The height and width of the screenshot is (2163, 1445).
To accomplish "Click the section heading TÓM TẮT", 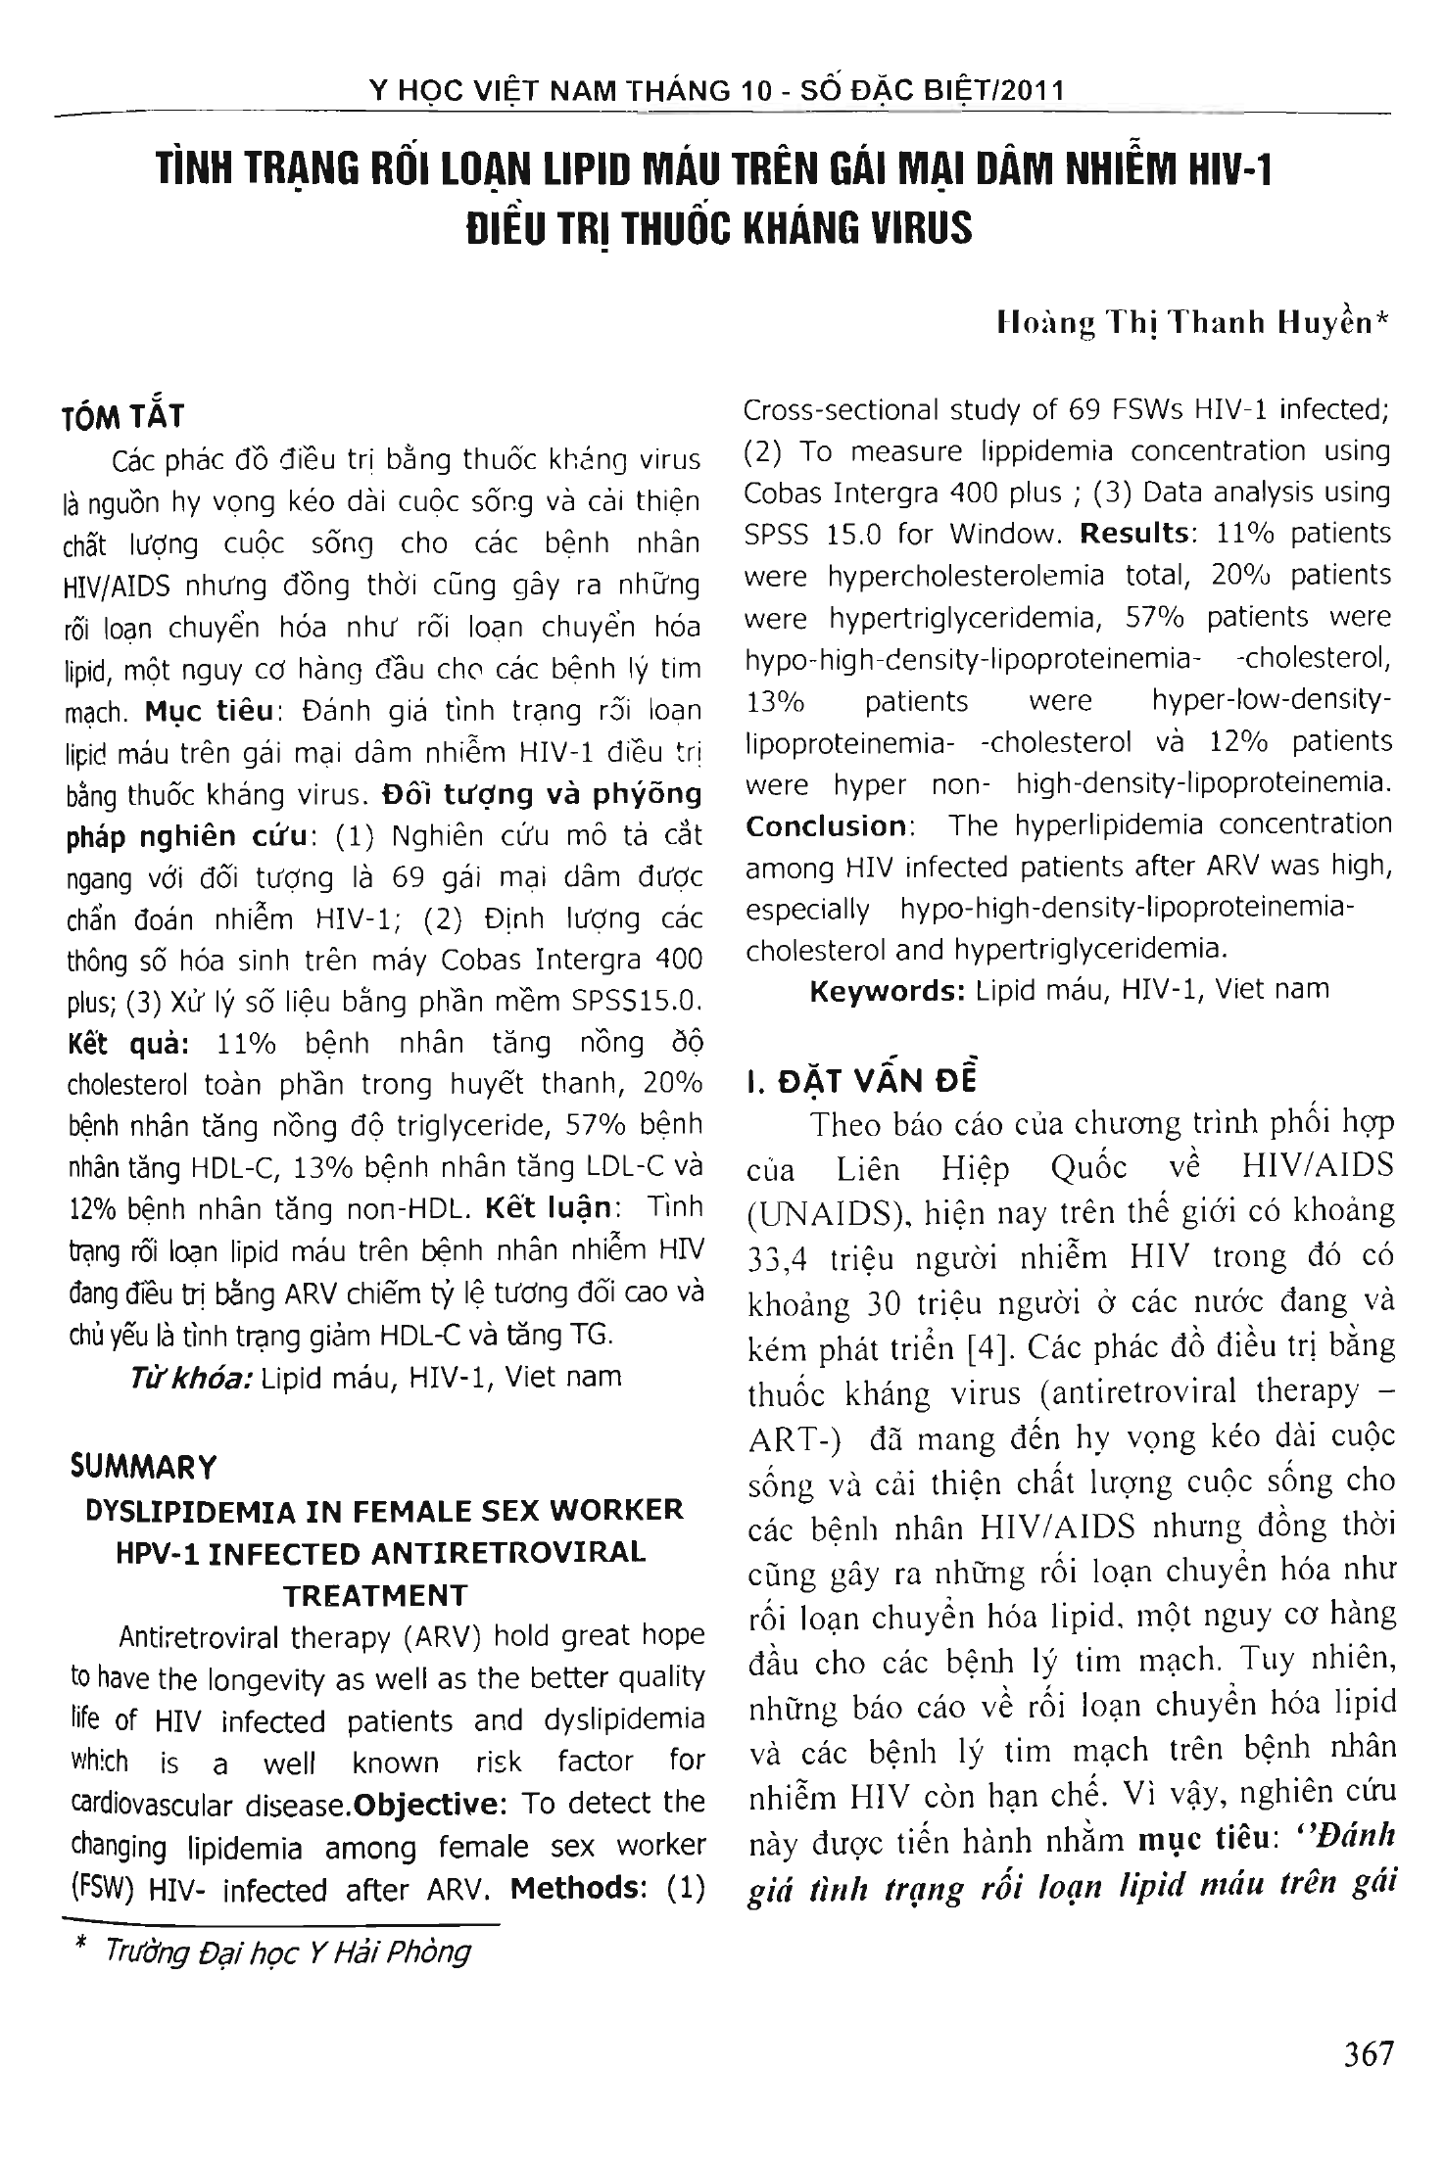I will [123, 415].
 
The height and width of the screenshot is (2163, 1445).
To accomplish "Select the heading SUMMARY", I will [143, 1467].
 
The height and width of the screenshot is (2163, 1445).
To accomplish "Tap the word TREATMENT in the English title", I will [375, 1596].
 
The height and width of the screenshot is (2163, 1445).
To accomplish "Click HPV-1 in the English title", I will [127, 1553].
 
